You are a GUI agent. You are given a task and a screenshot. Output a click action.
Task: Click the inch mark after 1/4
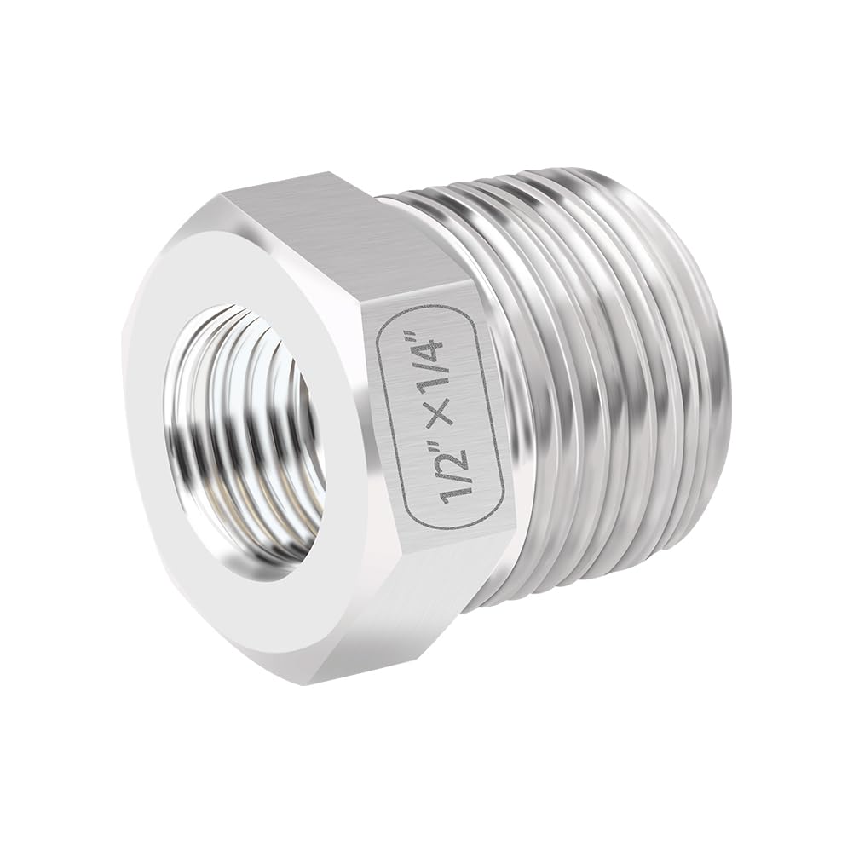click(426, 327)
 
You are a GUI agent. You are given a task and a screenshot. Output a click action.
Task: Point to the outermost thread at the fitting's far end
click(690, 358)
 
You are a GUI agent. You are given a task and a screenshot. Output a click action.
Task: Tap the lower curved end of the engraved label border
click(460, 520)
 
